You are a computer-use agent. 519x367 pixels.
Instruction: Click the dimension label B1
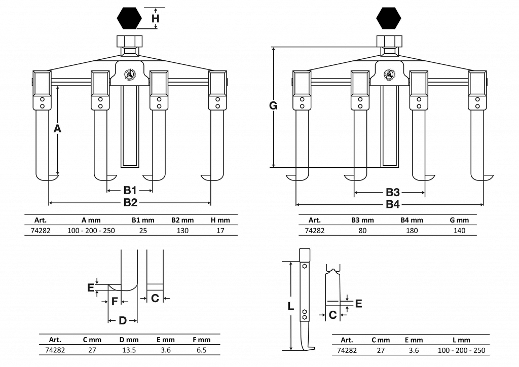[130, 191]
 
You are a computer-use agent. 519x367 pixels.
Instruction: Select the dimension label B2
[130, 203]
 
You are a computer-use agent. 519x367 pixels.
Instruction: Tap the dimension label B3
[393, 193]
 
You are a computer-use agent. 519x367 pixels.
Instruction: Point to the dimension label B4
[393, 205]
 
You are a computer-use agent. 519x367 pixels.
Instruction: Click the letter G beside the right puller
[273, 106]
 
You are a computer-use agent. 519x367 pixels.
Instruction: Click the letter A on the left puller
[57, 129]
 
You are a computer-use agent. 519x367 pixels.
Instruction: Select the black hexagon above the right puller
[389, 19]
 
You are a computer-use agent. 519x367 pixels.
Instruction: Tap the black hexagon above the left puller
[129, 19]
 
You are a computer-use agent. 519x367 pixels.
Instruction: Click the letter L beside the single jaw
[290, 306]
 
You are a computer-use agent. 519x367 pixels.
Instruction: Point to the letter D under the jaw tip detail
[123, 320]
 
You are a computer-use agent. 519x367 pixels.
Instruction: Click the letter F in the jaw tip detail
[115, 301]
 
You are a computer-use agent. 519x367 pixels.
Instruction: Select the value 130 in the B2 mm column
[182, 231]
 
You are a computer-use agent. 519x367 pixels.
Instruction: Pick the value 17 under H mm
[220, 231]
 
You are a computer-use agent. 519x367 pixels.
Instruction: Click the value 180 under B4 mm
[412, 231]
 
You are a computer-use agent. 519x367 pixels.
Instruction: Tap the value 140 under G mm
[459, 231]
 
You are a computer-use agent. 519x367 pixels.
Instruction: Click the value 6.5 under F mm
[201, 350]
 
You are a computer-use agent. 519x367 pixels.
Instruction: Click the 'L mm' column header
[461, 340]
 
